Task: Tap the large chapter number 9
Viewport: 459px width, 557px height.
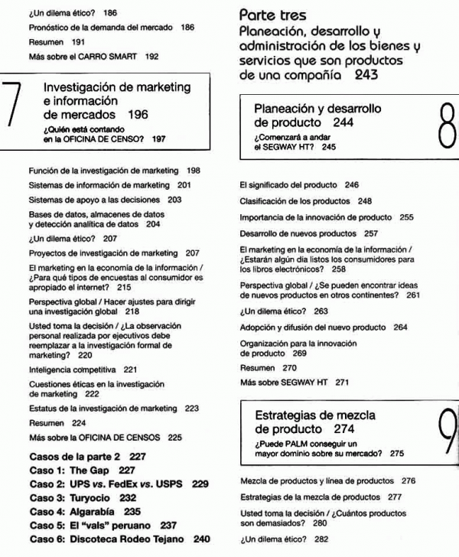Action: tap(439, 432)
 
